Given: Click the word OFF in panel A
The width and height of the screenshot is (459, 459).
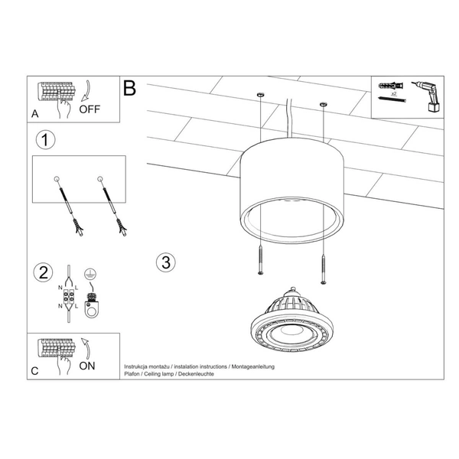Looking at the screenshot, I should pos(90,109).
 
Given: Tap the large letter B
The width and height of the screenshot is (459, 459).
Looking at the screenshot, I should pos(129,89).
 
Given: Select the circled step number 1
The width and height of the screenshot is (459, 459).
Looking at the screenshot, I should pos(47,140).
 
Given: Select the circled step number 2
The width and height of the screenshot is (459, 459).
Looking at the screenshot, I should pos(44,272).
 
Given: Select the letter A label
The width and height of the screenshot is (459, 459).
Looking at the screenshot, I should pos(35,113).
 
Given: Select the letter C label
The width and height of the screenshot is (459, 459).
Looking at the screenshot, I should pos(34,371).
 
